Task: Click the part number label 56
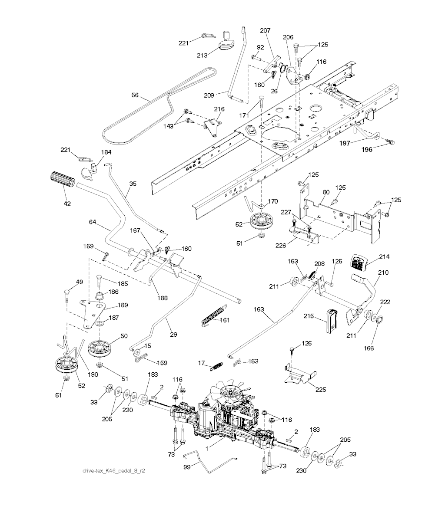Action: pos(136,94)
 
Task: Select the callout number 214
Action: pos(384,256)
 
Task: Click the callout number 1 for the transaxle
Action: pos(207,449)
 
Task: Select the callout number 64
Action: pos(92,222)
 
